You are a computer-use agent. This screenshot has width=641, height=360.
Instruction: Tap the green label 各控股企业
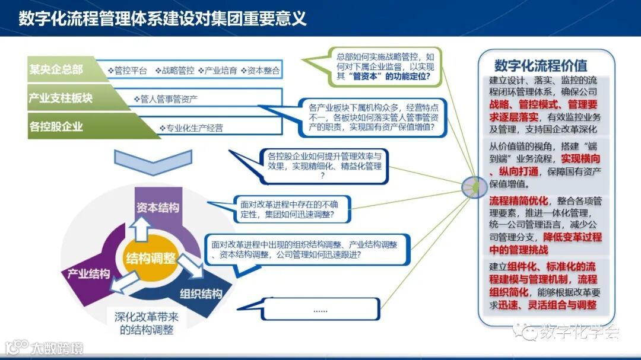[56, 126]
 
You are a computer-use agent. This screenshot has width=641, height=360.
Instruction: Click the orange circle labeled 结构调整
[151, 259]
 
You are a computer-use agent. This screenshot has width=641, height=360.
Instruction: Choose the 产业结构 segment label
[88, 273]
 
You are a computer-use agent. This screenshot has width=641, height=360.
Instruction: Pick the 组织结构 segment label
[201, 294]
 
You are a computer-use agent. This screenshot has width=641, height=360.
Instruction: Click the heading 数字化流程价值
[541, 65]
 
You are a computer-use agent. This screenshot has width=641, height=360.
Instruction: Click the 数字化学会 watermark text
[579, 333]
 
